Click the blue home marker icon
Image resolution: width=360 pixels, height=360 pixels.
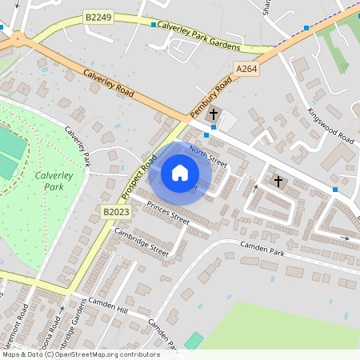(180, 173)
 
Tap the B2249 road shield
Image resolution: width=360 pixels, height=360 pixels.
(98, 16)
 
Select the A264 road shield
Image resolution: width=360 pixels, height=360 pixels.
(246, 70)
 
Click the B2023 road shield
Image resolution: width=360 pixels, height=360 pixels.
(116, 211)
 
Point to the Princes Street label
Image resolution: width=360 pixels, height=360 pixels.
(168, 212)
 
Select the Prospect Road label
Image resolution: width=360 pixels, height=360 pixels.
(137, 178)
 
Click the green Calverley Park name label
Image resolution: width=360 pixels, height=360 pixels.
(50, 180)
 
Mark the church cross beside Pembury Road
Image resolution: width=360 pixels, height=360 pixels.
(213, 115)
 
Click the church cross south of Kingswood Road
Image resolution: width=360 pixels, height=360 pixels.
(278, 181)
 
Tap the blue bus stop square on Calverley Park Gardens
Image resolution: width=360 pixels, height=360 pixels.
(154, 25)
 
